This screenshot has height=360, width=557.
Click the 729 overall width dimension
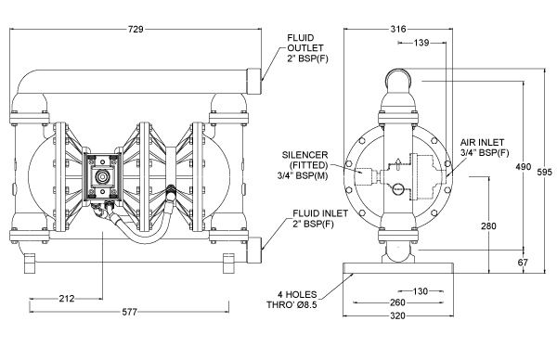[x=136, y=30]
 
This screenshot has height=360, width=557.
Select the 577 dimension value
[x=130, y=312]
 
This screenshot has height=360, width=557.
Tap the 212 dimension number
[x=67, y=299]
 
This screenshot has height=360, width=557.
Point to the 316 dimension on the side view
[x=398, y=29]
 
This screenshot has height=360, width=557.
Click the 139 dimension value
[x=421, y=43]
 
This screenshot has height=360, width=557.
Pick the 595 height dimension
[x=545, y=172]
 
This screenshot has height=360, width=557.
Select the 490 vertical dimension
[x=524, y=166]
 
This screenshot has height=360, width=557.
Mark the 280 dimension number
[x=488, y=225]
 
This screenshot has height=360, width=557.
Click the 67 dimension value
[x=523, y=263]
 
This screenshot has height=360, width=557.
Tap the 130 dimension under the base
[x=421, y=291]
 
